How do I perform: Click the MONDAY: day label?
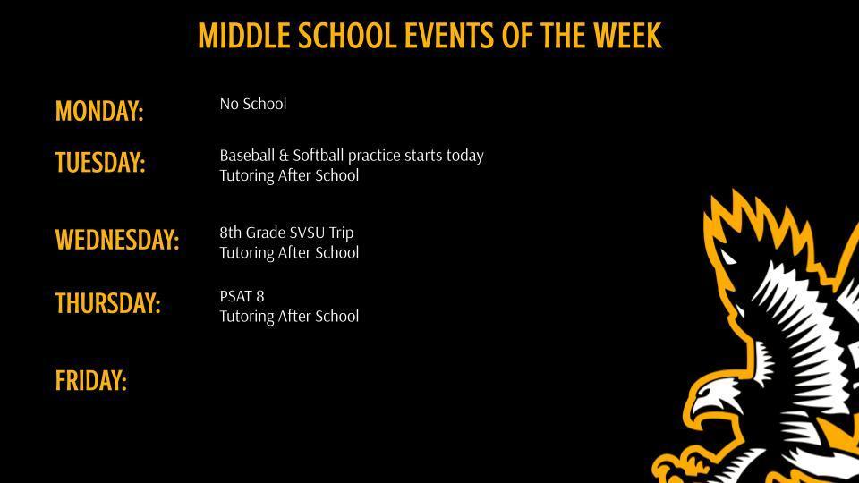[x=99, y=111]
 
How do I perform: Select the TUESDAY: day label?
[x=100, y=163]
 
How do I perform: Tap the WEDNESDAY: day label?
[x=117, y=240]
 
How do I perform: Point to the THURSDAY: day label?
[x=108, y=303]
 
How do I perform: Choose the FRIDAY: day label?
[x=91, y=381]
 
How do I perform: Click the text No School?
[x=253, y=104]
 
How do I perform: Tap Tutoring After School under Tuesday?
[x=289, y=175]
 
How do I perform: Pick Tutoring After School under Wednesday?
[x=289, y=252]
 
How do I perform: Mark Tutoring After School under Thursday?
[x=289, y=316]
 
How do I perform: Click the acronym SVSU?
[x=308, y=233]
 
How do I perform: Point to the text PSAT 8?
[x=242, y=296]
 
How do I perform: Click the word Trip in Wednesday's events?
[x=342, y=233]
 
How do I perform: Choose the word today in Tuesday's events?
[x=464, y=156]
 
